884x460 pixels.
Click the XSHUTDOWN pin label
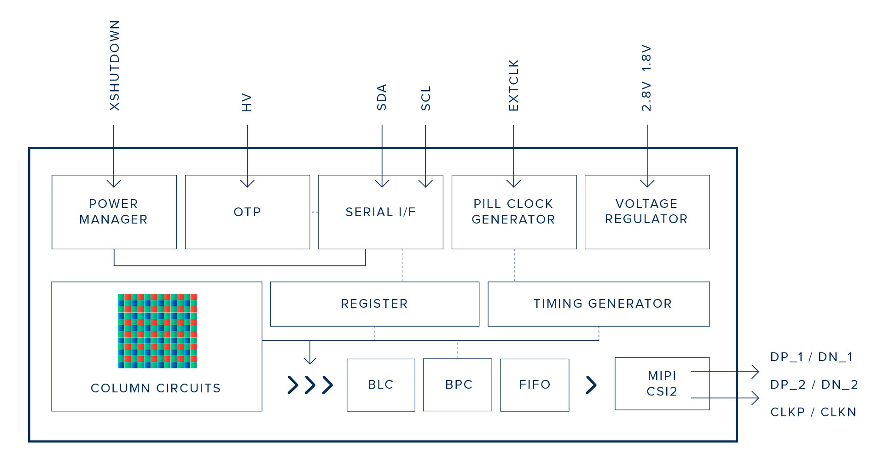115,65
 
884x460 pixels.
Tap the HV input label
247,103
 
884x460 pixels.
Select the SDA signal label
382,97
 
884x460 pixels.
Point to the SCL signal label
426,98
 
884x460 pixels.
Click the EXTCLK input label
514,85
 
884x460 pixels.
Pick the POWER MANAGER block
114,212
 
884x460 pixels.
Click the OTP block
248,212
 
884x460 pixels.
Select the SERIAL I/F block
381,212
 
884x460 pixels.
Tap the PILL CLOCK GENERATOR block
514,212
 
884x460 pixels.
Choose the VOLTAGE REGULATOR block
647,212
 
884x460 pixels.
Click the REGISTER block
375,304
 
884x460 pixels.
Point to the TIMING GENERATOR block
599,304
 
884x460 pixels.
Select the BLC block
381,385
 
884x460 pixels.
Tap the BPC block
458,385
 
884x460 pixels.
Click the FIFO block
535,385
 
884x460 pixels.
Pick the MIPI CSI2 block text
662,384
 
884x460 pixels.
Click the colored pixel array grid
157,331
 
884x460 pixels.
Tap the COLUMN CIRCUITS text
156,388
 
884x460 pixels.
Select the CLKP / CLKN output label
814,412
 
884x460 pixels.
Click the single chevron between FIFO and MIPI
592,385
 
